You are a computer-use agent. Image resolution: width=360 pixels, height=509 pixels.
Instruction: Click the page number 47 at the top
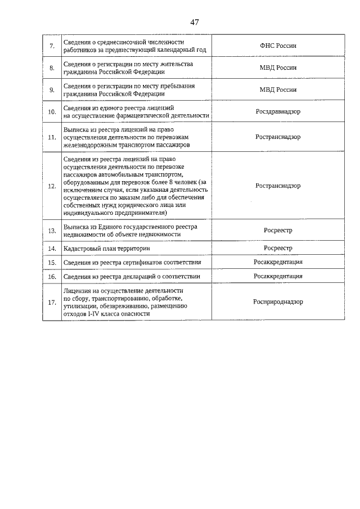point(194,22)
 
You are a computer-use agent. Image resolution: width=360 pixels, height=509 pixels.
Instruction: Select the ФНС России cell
point(278,46)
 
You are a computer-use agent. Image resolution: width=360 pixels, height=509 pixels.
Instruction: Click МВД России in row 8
point(278,67)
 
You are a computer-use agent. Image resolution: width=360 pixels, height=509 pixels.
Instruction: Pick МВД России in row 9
point(278,89)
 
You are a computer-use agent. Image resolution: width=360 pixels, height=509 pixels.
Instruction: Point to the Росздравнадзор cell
point(278,111)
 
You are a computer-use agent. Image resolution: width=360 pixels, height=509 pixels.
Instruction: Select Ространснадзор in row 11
point(278,137)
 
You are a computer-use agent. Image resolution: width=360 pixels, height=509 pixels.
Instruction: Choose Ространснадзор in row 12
point(278,186)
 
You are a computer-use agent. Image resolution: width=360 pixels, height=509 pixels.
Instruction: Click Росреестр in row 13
point(278,230)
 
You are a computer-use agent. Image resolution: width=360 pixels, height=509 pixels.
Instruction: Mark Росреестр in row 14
point(278,247)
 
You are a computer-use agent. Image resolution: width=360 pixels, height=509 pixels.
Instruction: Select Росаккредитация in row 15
point(278,262)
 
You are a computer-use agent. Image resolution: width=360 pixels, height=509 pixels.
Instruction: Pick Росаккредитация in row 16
point(278,276)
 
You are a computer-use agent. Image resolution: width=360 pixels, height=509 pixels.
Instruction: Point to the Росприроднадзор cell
point(278,301)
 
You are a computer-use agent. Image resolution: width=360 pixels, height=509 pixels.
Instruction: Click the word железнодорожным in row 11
point(88,145)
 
